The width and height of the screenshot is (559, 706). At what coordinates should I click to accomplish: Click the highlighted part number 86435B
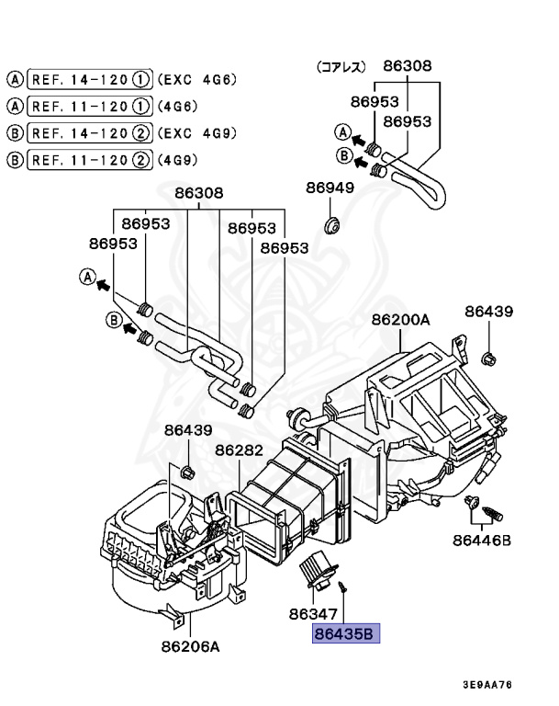pyautogui.click(x=346, y=633)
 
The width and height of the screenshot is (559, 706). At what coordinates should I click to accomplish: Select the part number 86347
pyautogui.click(x=314, y=614)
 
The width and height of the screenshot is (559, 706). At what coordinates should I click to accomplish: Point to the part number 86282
pyautogui.click(x=239, y=450)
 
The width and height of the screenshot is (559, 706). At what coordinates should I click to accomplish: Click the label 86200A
pyautogui.click(x=400, y=320)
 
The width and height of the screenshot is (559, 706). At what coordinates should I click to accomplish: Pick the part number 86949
pyautogui.click(x=330, y=188)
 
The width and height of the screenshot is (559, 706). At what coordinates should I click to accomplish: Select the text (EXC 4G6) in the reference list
pyautogui.click(x=198, y=80)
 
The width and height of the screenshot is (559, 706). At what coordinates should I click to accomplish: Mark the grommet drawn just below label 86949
pyautogui.click(x=332, y=223)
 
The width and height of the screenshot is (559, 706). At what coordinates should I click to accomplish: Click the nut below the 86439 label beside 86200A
pyautogui.click(x=487, y=356)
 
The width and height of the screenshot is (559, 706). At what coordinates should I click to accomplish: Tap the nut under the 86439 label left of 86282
pyautogui.click(x=188, y=473)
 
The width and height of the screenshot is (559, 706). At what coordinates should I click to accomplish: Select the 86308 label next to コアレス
pyautogui.click(x=408, y=66)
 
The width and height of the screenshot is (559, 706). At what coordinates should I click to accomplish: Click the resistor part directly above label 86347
pyautogui.click(x=317, y=575)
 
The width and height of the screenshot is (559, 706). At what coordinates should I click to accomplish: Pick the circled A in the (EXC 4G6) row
pyautogui.click(x=16, y=80)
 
